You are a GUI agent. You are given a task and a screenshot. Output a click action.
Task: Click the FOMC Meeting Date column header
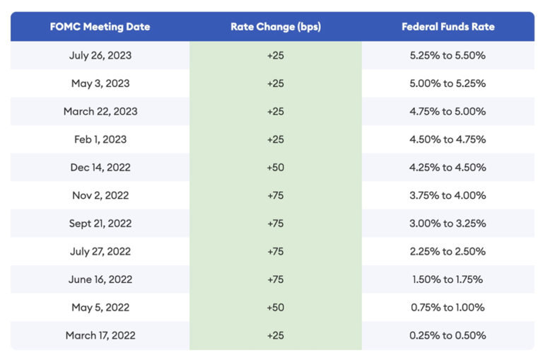(x=100, y=27)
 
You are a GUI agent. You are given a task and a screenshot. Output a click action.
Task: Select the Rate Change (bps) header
(x=275, y=27)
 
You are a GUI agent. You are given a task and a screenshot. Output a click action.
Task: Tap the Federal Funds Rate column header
(x=448, y=27)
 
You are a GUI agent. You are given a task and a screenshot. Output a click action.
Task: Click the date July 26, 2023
(x=100, y=55)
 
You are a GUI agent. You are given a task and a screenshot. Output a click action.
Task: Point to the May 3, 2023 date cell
(x=100, y=83)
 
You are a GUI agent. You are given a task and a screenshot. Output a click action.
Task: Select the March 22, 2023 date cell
(x=100, y=111)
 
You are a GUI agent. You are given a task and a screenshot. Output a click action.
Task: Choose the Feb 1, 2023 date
(x=100, y=139)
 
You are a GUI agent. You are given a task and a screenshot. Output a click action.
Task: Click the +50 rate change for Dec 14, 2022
(x=275, y=168)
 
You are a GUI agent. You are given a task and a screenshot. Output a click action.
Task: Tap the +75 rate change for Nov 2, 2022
(x=275, y=195)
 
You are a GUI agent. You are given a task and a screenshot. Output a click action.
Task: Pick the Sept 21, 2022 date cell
(x=100, y=223)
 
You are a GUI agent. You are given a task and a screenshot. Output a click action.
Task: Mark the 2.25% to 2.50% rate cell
(x=448, y=251)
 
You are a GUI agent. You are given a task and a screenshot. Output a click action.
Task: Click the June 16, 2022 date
(x=100, y=279)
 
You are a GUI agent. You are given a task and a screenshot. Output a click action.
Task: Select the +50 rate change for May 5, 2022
(x=275, y=308)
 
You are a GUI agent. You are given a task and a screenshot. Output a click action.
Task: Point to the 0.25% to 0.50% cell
(x=448, y=335)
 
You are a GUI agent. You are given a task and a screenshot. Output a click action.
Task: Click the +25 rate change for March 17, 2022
(x=275, y=335)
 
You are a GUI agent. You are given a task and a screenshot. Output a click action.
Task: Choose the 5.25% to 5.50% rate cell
(x=448, y=55)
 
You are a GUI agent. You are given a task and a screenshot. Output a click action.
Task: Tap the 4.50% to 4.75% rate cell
(x=448, y=139)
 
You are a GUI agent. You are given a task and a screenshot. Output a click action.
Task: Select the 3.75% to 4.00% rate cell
(x=448, y=195)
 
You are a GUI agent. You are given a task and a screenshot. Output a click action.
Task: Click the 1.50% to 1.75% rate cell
(x=448, y=279)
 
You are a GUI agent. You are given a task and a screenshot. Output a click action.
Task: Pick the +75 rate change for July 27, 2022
(x=275, y=251)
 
